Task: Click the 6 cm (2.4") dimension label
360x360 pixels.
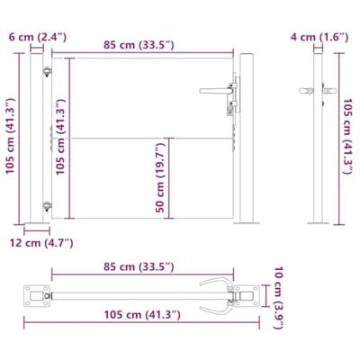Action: pyautogui.click(x=35, y=37)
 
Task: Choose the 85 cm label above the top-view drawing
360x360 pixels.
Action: pyautogui.click(x=139, y=267)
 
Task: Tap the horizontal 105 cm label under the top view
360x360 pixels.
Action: pyautogui.click(x=139, y=314)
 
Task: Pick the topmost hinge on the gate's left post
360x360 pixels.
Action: pyautogui.click(x=48, y=73)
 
